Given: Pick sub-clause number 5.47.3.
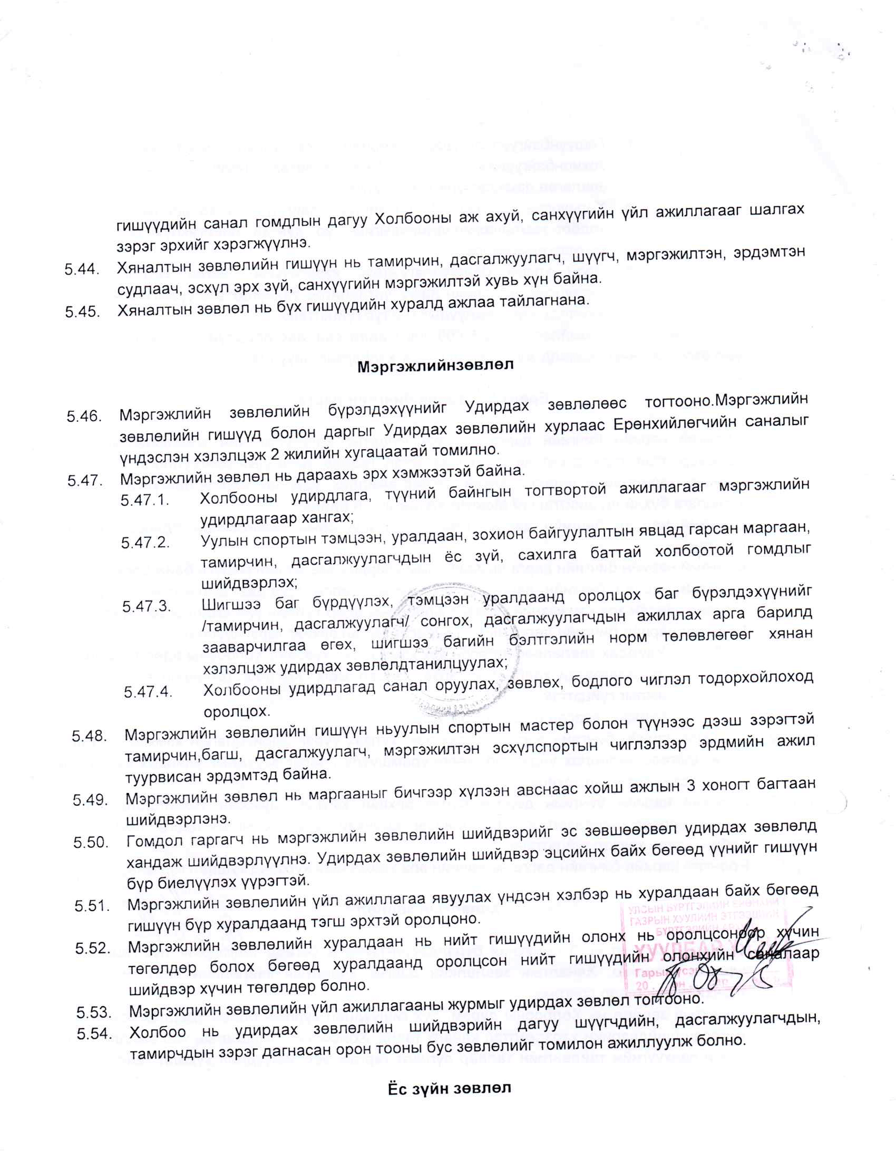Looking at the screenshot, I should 147,606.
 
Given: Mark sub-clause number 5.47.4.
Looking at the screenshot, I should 148,692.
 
